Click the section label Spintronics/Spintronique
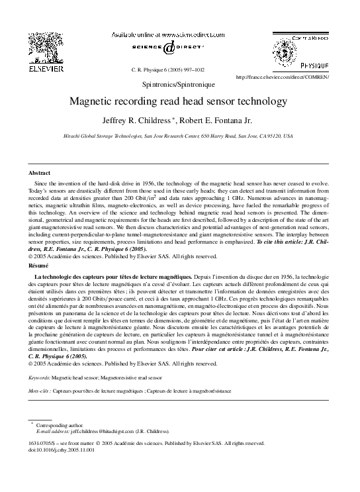(x=180, y=85)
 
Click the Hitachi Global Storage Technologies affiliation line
(x=179, y=136)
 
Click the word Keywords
(x=39, y=377)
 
